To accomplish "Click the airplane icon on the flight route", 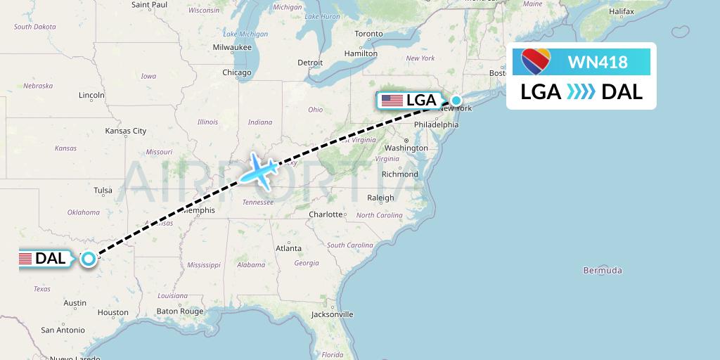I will tap(258, 170).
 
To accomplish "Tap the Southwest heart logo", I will tap(536, 62).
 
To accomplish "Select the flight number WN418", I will tap(597, 62).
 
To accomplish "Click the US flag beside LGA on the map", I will tap(391, 101).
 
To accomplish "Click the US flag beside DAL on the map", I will tap(25, 259).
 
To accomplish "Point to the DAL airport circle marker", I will tap(89, 259).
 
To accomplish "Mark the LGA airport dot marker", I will tap(456, 100).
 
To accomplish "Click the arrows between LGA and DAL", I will tap(581, 91).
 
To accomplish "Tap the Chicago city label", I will tap(237, 72).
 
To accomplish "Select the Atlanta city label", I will tap(288, 248).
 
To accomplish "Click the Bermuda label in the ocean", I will tap(603, 271).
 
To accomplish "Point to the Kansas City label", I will tap(125, 131).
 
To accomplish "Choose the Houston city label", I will tap(113, 312).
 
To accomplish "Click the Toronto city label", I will tap(368, 34).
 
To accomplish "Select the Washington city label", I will tap(406, 148).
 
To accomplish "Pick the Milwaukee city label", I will tap(232, 47).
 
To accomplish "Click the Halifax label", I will tap(622, 12).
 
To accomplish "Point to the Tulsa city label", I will tap(103, 190).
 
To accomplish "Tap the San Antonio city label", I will tap(63, 330).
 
